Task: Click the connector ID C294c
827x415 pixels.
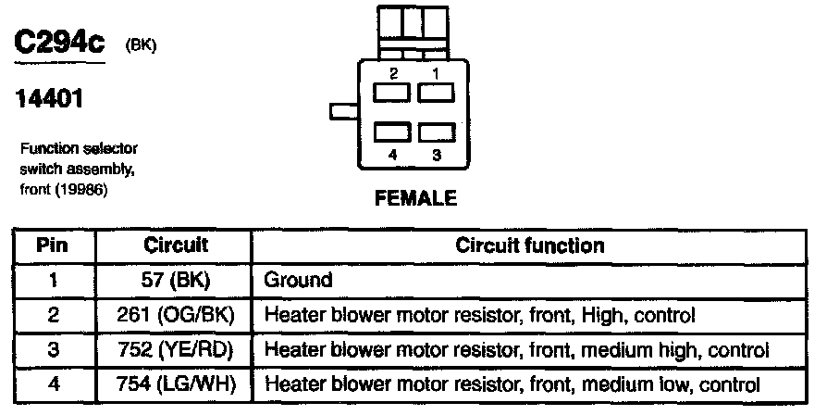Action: tap(56, 43)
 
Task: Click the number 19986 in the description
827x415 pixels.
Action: tap(84, 190)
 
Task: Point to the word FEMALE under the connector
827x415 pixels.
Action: tap(415, 197)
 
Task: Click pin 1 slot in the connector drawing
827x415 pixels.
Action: tap(436, 93)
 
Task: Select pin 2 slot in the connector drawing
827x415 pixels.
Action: tap(391, 93)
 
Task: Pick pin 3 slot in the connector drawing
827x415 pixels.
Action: tap(436, 134)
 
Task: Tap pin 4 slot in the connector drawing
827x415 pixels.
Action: tap(391, 134)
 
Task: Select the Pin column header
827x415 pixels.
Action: tap(54, 245)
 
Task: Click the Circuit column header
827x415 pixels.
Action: tap(176, 245)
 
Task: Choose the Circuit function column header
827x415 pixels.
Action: tap(530, 245)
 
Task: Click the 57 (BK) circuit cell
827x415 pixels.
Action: tap(176, 279)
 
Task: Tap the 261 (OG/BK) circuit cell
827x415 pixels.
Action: tap(176, 314)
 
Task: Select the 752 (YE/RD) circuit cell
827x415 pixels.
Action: tap(176, 349)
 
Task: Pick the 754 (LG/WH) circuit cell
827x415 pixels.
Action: tap(176, 384)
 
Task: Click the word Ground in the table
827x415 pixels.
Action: tap(298, 279)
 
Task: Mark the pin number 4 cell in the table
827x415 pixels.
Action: tap(54, 384)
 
